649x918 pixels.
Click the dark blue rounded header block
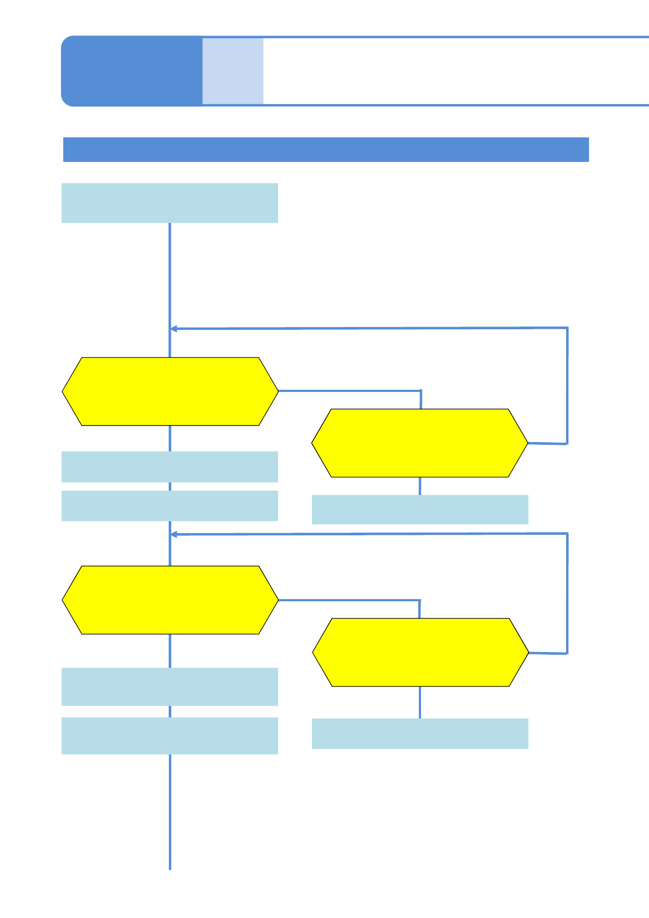(x=131, y=71)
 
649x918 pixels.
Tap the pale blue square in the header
(x=233, y=71)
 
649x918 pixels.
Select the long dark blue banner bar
(x=326, y=149)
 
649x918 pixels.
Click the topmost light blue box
(x=170, y=203)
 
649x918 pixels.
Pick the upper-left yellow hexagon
(x=170, y=391)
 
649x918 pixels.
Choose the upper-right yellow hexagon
(x=419, y=443)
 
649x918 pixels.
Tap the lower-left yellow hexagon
(x=170, y=600)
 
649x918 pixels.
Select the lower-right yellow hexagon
(x=420, y=652)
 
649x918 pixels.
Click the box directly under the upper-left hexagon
(x=170, y=467)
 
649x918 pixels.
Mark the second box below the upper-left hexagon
(x=170, y=506)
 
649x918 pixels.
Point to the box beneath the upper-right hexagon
(x=419, y=510)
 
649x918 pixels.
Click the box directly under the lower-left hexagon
(x=170, y=687)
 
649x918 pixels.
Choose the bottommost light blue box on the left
(x=170, y=736)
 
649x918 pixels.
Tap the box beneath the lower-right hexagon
(x=419, y=734)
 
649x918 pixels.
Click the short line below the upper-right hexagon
(x=419, y=486)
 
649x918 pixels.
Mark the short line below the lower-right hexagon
(x=419, y=702)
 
